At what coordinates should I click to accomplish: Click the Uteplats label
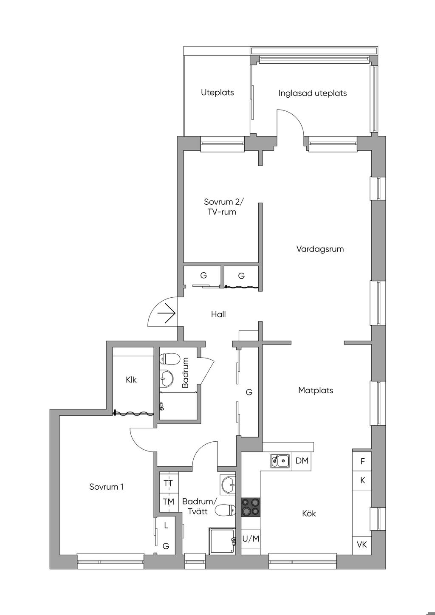(217, 93)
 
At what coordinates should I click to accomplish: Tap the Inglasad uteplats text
(313, 93)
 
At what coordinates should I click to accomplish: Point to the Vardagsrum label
(320, 249)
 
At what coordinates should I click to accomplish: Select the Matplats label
(316, 390)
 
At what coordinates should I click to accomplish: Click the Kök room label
(309, 513)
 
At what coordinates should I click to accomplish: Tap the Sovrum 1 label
(106, 487)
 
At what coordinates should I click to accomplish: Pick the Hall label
(218, 314)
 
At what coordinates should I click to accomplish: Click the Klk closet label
(131, 380)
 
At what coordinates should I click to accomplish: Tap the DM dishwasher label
(302, 461)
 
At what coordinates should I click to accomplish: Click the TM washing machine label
(168, 502)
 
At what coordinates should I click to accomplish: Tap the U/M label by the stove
(251, 539)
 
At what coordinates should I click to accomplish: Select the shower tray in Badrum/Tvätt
(222, 541)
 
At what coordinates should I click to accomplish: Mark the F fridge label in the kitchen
(362, 462)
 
